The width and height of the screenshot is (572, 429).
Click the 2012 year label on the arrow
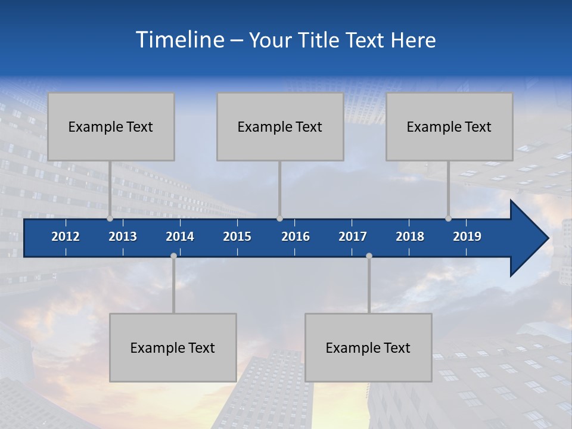point(66,237)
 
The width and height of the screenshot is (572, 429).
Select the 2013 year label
point(123,237)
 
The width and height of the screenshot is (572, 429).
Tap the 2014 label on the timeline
point(180,237)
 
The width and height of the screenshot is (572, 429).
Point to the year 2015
point(237,237)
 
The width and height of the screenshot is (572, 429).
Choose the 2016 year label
point(296,237)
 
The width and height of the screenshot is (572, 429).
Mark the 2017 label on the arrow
point(353,237)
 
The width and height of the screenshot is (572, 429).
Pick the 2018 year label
point(410,237)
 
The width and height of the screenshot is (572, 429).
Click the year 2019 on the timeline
point(467,237)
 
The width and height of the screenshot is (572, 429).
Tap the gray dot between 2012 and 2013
point(110,219)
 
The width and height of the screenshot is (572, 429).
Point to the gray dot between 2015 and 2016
point(279,219)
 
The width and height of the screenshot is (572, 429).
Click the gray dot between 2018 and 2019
point(448,219)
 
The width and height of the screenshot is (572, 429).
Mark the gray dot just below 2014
point(173,256)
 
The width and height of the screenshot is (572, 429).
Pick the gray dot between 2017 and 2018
point(369,256)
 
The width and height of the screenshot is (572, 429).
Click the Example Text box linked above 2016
point(280,126)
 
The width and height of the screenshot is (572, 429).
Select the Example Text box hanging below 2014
point(173,347)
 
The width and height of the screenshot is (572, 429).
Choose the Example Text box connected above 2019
point(449,126)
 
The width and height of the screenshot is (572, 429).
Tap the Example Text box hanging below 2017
point(368,347)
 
